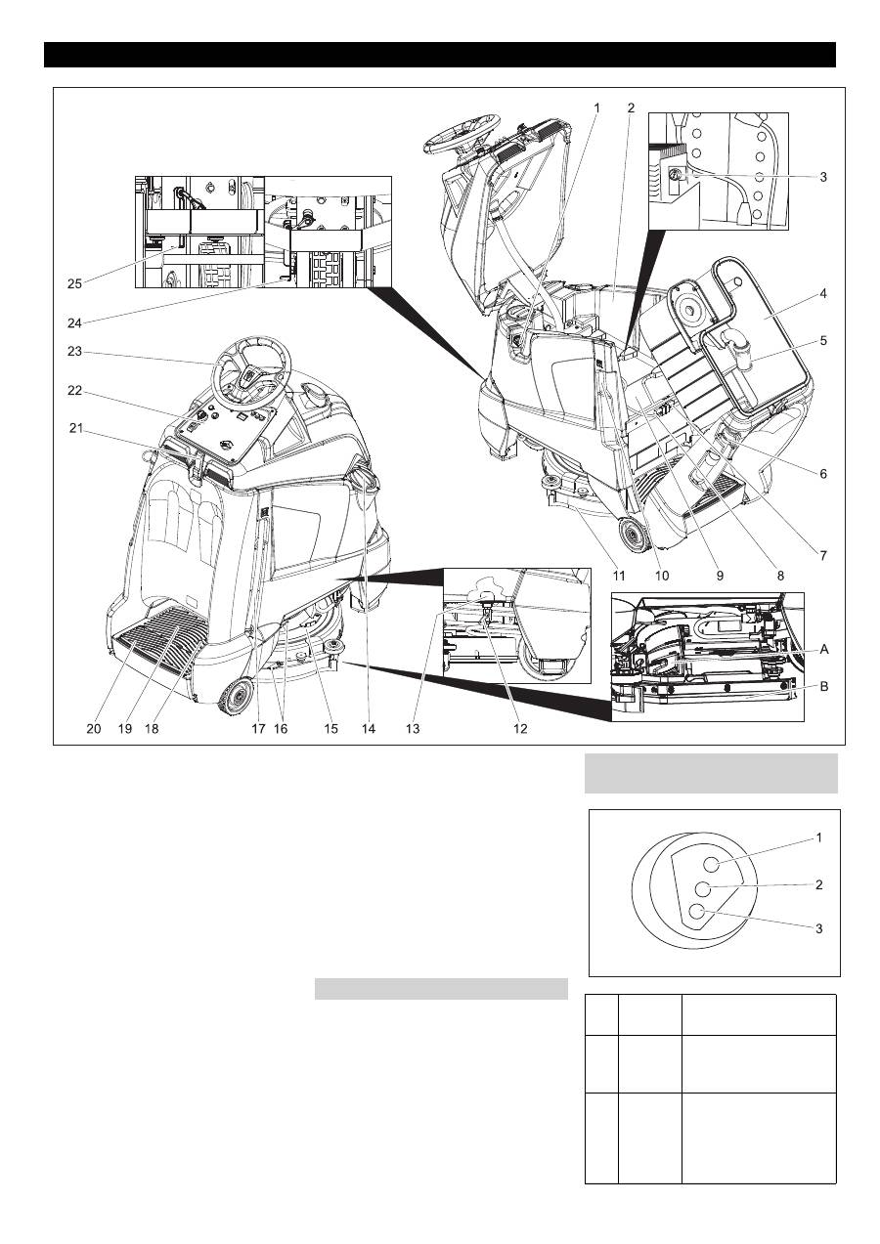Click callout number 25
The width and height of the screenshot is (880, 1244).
pyautogui.click(x=74, y=283)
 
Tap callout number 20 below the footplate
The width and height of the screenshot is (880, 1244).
pyautogui.click(x=94, y=729)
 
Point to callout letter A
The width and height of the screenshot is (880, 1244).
pyautogui.click(x=823, y=648)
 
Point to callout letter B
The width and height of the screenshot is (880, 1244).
pyautogui.click(x=823, y=687)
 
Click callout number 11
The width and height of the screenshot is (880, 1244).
pyautogui.click(x=618, y=577)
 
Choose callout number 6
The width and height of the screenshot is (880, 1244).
pyautogui.click(x=823, y=473)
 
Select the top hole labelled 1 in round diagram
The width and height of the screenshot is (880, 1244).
pyautogui.click(x=712, y=862)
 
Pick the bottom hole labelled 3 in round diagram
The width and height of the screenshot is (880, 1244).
pyautogui.click(x=697, y=912)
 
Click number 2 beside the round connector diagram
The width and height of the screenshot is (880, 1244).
pyautogui.click(x=819, y=885)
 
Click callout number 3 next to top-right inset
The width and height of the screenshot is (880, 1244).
pyautogui.click(x=823, y=178)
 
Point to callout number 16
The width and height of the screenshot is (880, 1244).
pyautogui.click(x=284, y=729)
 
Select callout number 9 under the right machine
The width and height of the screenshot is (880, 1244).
pyautogui.click(x=720, y=577)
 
